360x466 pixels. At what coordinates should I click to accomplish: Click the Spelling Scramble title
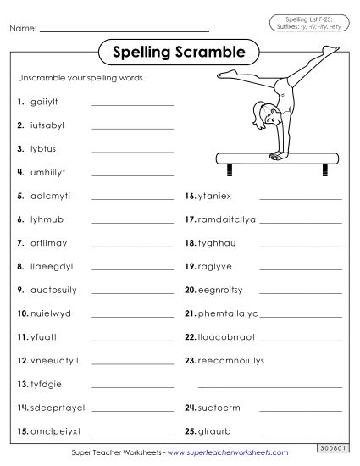[x=179, y=53]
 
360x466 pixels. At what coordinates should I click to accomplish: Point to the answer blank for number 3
[x=131, y=152]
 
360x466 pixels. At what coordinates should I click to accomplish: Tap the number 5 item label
[x=19, y=196]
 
